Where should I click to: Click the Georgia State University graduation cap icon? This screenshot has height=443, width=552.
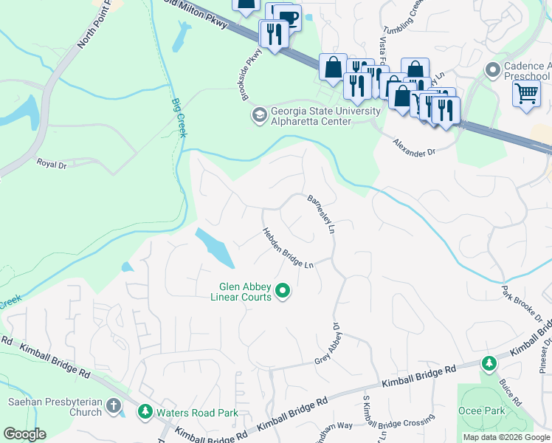click(259, 114)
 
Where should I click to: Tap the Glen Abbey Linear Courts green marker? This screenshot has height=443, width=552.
click(283, 292)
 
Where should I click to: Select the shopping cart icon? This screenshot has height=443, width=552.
click(526, 94)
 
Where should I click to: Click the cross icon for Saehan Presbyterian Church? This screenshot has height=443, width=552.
click(113, 405)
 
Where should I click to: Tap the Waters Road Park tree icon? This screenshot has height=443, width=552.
click(146, 412)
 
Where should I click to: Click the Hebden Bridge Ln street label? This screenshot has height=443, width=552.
click(289, 248)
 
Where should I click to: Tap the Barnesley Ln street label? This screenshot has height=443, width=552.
click(321, 215)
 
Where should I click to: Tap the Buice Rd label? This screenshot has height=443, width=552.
click(510, 390)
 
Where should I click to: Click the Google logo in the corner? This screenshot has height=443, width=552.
click(25, 434)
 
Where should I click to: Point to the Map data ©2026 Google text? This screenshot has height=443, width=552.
click(506, 437)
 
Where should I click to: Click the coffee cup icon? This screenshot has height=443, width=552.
click(289, 18)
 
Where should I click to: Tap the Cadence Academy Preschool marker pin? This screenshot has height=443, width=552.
click(493, 69)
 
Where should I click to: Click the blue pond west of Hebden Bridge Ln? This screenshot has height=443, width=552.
click(215, 247)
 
